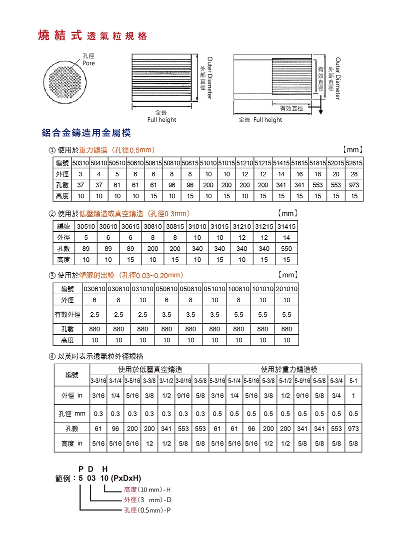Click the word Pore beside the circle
click(x=88, y=63)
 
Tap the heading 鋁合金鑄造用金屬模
click(x=86, y=133)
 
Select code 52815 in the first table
click(x=354, y=163)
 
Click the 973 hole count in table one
click(x=354, y=185)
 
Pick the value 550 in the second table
click(x=286, y=249)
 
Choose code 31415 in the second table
click(x=286, y=227)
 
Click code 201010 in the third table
click(x=286, y=289)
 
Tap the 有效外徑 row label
click(x=67, y=315)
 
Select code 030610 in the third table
click(x=94, y=289)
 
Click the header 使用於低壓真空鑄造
click(x=150, y=370)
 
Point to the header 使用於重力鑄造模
click(x=289, y=370)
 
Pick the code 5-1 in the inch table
click(x=353, y=381)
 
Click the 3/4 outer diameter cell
click(x=336, y=395)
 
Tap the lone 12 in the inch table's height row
click(x=149, y=443)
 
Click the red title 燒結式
click(x=60, y=36)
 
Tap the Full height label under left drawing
click(x=161, y=120)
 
